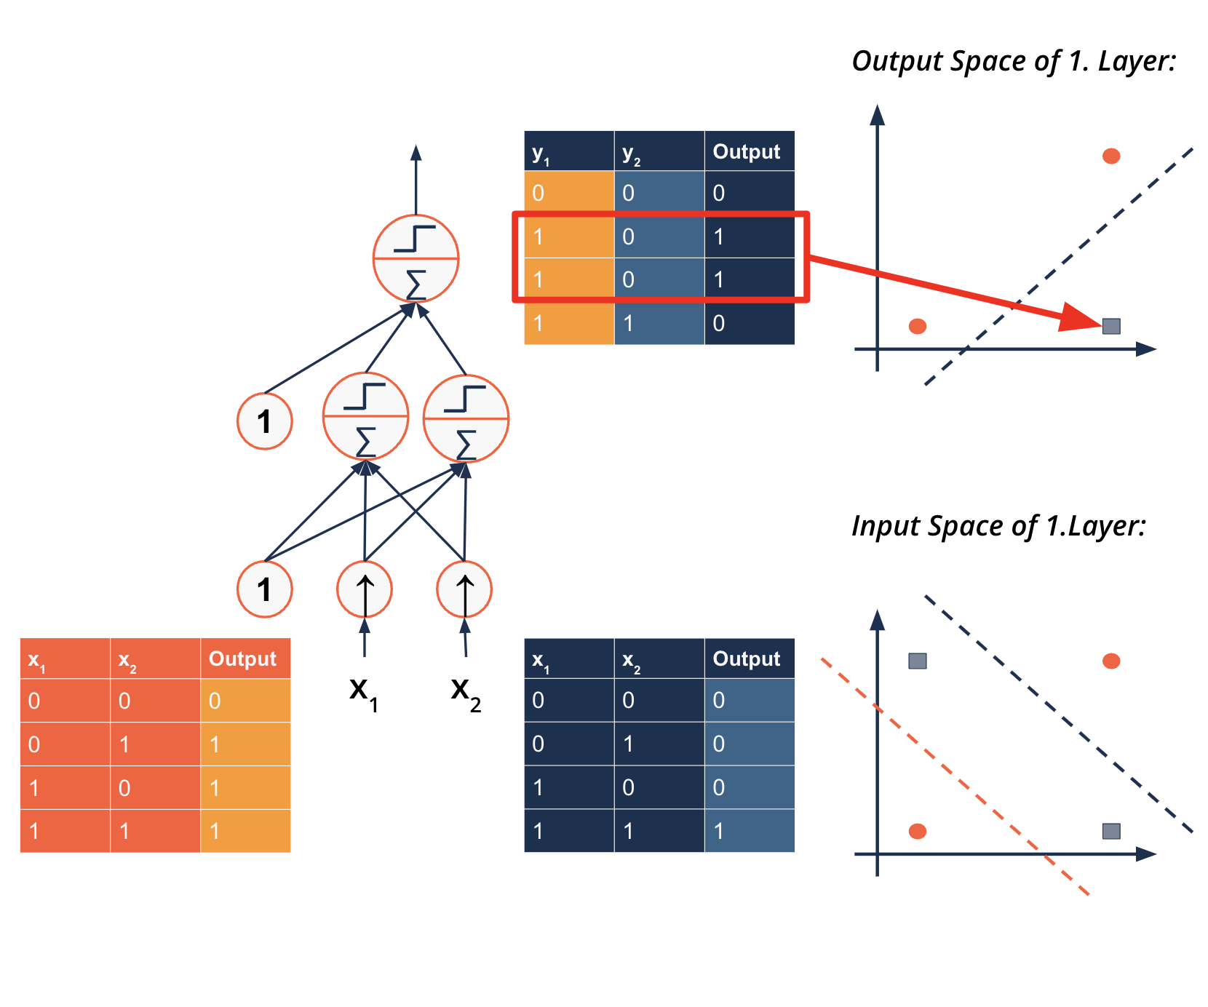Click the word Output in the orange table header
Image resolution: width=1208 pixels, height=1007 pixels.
242,658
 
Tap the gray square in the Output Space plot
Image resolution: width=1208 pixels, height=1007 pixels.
1111,326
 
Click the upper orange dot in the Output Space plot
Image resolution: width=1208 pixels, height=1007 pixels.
1111,156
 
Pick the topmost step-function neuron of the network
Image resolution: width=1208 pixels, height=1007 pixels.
416,258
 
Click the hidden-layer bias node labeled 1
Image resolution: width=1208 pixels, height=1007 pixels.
265,421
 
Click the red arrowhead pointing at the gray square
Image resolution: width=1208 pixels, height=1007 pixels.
1081,318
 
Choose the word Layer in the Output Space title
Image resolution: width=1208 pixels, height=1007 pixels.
1135,61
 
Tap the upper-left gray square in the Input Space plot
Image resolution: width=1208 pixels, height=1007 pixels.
918,661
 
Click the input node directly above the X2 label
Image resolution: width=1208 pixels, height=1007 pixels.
464,589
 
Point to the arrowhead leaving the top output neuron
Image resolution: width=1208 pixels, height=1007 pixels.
416,153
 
